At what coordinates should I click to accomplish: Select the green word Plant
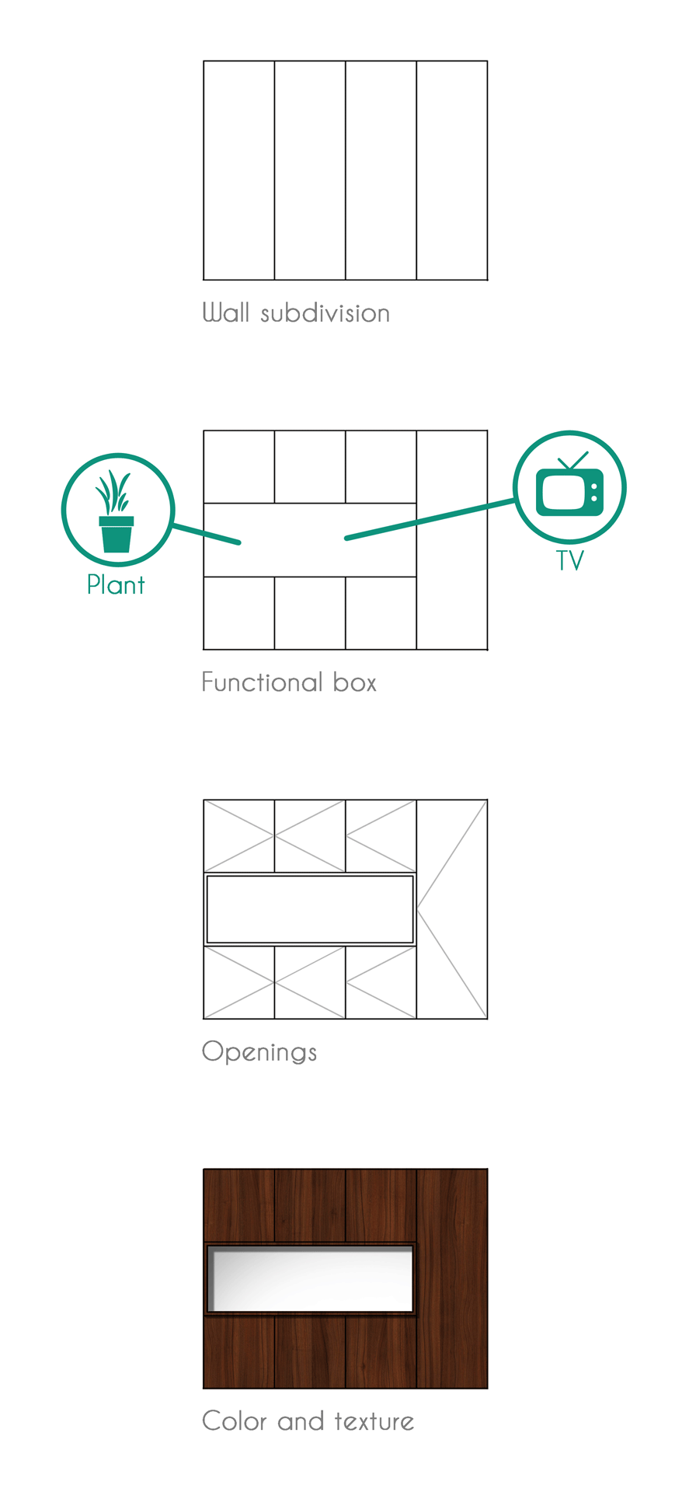click(116, 584)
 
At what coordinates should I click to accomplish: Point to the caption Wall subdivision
click(296, 313)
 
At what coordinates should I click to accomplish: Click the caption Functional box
click(289, 682)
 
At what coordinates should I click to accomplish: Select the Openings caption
click(259, 1052)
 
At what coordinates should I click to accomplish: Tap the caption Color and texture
click(308, 1421)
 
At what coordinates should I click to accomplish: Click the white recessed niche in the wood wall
click(311, 1278)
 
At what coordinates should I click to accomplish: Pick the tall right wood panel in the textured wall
click(452, 1278)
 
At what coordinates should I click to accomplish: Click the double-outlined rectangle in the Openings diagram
click(310, 909)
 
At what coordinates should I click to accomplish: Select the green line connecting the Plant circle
click(206, 534)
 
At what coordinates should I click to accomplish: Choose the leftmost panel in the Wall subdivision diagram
click(239, 170)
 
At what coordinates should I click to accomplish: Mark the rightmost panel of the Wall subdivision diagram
click(452, 170)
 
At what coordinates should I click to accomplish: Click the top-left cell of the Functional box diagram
click(239, 467)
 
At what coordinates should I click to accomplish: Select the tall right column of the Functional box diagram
click(452, 591)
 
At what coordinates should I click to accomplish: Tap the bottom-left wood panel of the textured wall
click(239, 1352)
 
